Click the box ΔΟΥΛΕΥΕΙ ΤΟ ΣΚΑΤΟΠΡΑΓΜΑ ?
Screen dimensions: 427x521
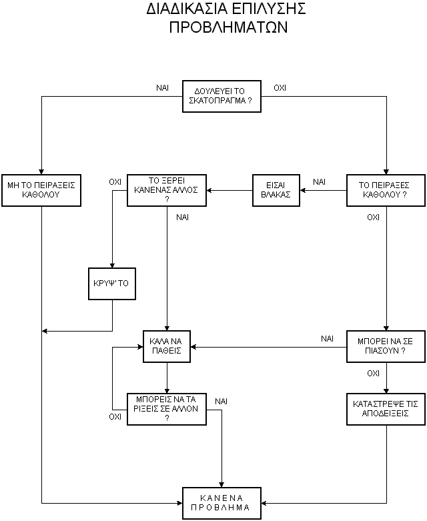(222, 96)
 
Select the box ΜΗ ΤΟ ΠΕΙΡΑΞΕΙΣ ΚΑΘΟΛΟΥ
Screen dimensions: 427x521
(41, 190)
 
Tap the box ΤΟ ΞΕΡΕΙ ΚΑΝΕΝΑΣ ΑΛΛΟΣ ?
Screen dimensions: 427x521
(167, 190)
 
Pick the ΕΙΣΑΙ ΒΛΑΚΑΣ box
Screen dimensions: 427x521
(276, 190)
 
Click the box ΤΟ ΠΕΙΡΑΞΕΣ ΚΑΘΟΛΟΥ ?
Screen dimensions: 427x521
(386, 190)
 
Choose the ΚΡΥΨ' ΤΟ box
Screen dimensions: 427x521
(112, 284)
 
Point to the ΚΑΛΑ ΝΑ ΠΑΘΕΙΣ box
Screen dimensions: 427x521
(167, 347)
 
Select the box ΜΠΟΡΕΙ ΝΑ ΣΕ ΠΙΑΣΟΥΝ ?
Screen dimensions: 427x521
(386, 347)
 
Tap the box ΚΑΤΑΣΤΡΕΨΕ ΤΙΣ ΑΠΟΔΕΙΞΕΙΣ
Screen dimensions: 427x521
(386, 410)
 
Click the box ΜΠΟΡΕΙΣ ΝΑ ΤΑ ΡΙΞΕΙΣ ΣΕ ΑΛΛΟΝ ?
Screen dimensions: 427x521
(167, 410)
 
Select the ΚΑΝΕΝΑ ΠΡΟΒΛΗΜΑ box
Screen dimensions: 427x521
(222, 503)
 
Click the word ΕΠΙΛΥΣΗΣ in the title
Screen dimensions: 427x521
(268, 9)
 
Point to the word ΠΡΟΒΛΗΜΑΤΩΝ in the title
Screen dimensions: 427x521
(228, 27)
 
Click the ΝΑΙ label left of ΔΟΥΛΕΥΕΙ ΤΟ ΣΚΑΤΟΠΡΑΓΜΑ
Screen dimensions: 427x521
(163, 88)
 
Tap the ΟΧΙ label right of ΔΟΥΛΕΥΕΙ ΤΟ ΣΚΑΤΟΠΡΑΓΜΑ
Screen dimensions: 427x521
(280, 88)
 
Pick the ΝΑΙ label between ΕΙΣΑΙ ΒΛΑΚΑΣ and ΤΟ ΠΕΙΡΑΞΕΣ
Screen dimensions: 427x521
(320, 182)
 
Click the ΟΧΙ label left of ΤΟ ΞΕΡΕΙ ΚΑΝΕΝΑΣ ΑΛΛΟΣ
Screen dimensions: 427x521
(115, 182)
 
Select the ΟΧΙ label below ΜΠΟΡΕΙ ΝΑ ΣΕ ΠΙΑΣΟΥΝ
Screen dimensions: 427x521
(373, 374)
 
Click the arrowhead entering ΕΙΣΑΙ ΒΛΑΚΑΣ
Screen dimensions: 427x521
(303, 190)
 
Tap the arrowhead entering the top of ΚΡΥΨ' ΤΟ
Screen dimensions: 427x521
(112, 265)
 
